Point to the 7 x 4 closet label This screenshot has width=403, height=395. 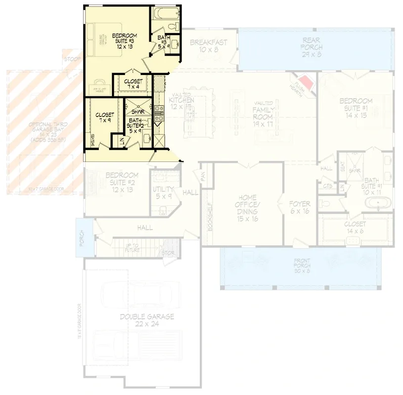coord(134,84)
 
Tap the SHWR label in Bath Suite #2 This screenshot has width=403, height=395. coord(137,111)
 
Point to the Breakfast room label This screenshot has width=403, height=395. coord(209,46)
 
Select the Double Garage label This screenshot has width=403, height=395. coord(147,320)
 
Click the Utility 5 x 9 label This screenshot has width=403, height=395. coord(163,193)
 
